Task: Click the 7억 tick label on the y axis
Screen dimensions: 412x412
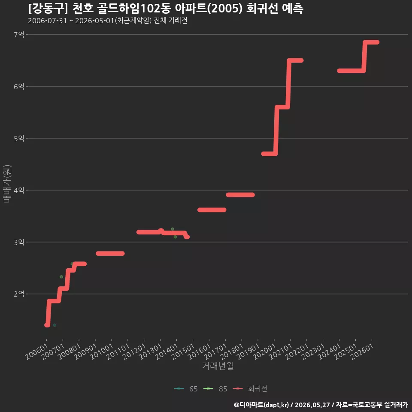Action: pos(19,34)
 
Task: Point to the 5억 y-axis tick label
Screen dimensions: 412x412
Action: pos(19,138)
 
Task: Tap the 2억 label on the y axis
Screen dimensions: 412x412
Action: pos(19,294)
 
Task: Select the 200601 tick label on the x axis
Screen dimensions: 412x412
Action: pos(37,351)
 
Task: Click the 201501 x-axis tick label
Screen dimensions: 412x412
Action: pos(183,351)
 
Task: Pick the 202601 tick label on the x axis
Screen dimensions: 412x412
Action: pos(362,351)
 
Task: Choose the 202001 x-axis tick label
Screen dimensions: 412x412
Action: pos(265,351)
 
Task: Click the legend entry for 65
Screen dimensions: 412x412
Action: pos(186,389)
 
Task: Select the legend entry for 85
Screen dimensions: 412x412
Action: pos(215,389)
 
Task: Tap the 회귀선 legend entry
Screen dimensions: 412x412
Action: pos(250,389)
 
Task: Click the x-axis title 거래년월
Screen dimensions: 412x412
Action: pos(218,366)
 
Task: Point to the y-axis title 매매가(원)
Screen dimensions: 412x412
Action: pos(7,184)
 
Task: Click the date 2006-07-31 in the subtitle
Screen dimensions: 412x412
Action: pos(47,21)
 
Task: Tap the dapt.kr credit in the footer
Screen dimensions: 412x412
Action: pos(277,405)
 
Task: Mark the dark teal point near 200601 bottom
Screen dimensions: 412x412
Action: pos(55,325)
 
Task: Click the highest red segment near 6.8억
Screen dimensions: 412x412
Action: pos(371,42)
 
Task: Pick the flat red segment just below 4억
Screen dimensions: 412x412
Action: pos(240,195)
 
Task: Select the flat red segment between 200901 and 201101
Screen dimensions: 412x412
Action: pos(110,253)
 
